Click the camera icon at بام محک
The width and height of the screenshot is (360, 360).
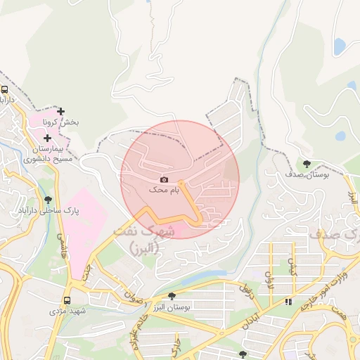tap(164, 180)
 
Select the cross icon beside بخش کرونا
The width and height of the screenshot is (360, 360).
tap(61, 111)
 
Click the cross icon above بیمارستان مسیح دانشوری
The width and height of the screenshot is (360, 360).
tap(47, 139)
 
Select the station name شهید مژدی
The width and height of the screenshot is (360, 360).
tap(67, 310)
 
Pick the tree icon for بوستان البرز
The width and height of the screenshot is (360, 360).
tap(172, 295)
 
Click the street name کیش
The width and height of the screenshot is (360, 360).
tap(290, 266)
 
